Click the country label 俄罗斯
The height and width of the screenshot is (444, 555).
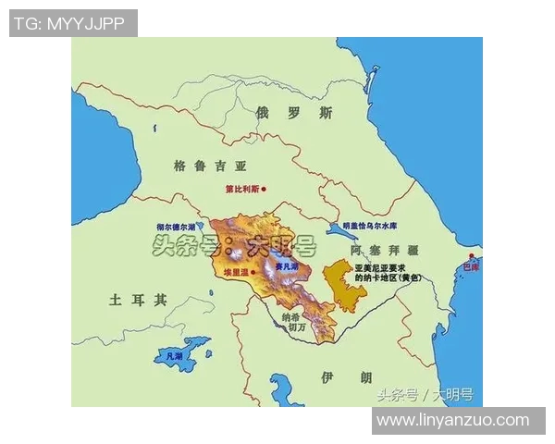[294, 113]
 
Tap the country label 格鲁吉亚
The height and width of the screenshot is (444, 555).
[211, 166]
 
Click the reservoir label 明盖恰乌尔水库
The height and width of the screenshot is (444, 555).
[370, 226]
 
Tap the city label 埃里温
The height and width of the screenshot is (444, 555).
[237, 273]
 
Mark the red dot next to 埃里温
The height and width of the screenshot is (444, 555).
[257, 273]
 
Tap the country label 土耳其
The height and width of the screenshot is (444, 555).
[138, 300]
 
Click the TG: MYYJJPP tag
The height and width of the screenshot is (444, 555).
[73, 23]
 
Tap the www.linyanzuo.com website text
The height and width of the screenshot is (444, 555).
[452, 420]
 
